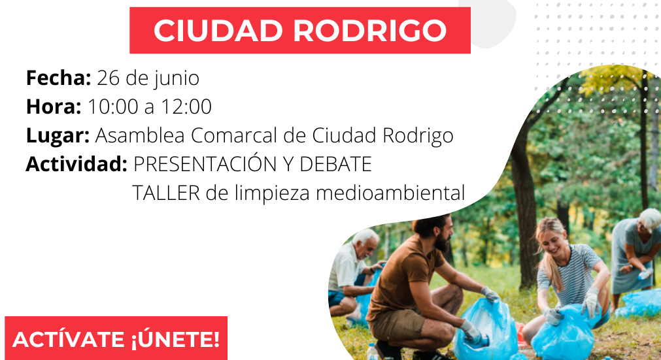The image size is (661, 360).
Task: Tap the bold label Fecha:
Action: pyautogui.click(x=58, y=78)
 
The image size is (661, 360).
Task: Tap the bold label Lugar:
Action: pyautogui.click(x=58, y=135)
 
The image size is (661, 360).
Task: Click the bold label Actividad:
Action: pyautogui.click(x=76, y=164)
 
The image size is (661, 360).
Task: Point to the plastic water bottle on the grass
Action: pyautogui.click(x=371, y=351)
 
